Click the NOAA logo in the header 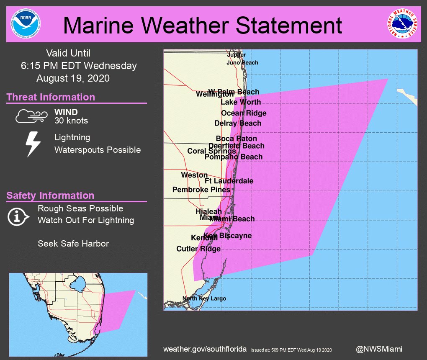coord(25,24)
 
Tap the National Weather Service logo coord(402,24)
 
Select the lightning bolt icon coord(33,144)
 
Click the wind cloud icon coord(29,116)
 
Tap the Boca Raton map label coord(237,139)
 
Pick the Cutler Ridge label coord(198,249)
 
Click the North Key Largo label coord(204,298)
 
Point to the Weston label coord(194,175)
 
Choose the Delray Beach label coord(238,123)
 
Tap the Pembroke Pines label coord(201,190)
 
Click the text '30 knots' coord(71,121)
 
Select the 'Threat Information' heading coord(51,97)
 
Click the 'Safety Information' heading coord(50,195)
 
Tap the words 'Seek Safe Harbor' coord(73,243)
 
